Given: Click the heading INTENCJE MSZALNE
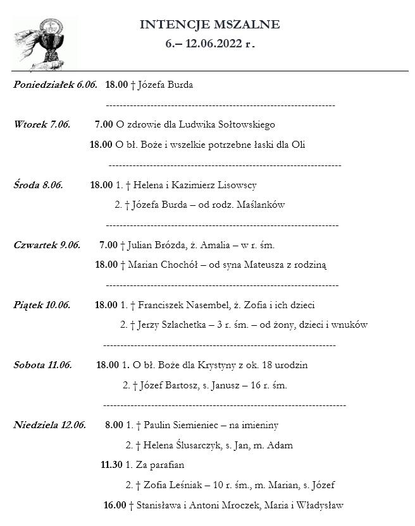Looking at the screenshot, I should point(209,25).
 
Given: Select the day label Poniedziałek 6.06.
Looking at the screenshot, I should point(55,85).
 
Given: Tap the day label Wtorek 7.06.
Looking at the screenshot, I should point(41,124).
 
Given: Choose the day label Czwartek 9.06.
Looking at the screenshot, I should point(46,245).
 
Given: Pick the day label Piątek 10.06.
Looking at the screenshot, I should point(41,305).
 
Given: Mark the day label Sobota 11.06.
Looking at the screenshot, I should point(42,365).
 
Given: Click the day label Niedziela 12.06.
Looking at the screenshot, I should point(49,425).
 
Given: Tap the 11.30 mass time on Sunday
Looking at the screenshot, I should point(111,465).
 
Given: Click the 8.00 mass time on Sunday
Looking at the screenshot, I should point(114,425).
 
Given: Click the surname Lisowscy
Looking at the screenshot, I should point(236,185).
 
